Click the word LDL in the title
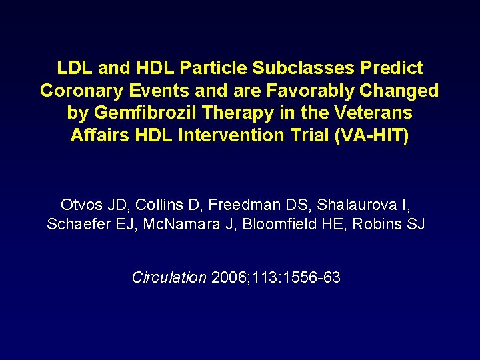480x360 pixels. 73,68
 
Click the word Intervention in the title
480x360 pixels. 235,136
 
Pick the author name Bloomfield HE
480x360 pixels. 293,225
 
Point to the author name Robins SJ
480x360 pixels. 388,225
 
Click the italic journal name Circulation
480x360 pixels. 169,277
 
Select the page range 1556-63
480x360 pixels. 311,277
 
